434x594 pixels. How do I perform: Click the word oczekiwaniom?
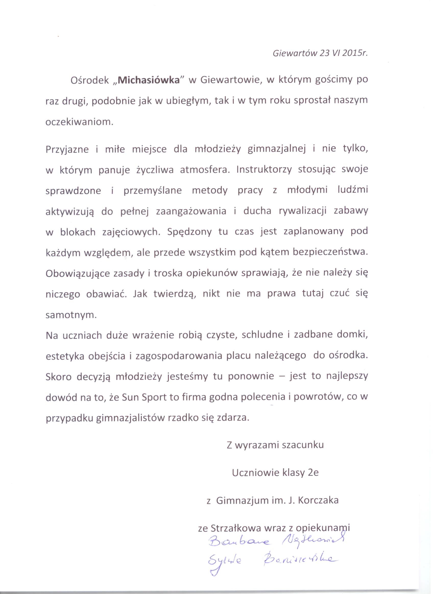[79, 122]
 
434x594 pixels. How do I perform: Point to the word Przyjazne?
[67, 149]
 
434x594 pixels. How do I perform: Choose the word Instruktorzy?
[264, 170]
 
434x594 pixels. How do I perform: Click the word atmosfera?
[205, 170]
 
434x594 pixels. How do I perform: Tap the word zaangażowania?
[191, 212]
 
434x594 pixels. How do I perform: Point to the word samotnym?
[71, 315]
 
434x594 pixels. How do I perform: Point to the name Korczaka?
[317, 500]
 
